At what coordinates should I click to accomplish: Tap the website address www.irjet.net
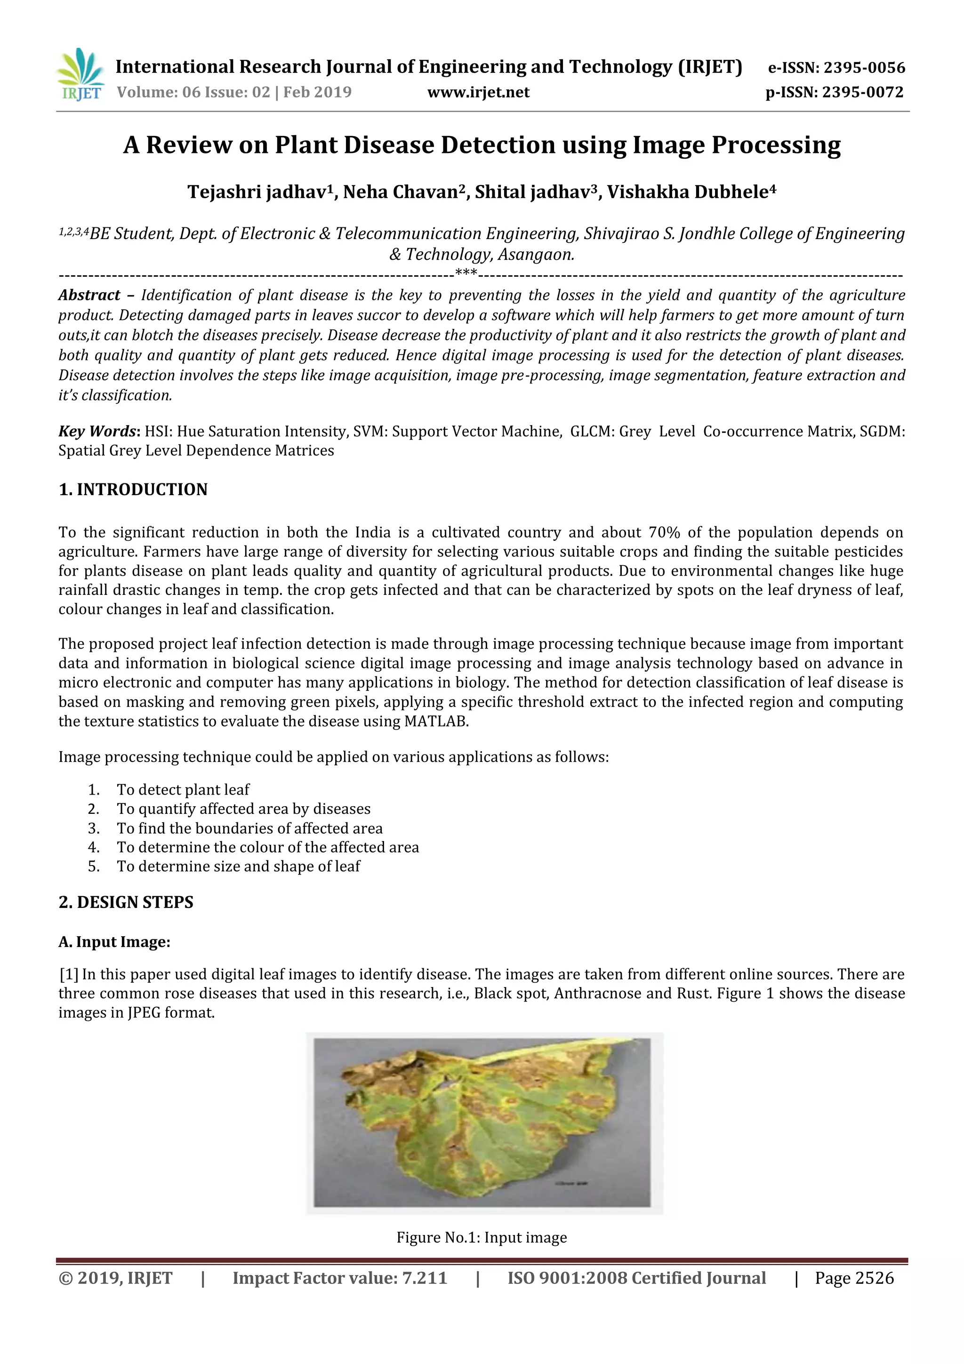(x=478, y=92)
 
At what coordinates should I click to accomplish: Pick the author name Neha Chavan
(x=404, y=192)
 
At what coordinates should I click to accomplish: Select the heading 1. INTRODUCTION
(x=133, y=489)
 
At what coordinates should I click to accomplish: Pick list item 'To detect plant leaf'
(x=183, y=789)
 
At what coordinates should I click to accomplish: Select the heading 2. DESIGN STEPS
(x=126, y=902)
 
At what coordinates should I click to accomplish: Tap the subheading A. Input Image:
(x=115, y=942)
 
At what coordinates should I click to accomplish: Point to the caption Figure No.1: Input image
(x=482, y=1237)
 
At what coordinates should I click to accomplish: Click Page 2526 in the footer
(x=854, y=1278)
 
